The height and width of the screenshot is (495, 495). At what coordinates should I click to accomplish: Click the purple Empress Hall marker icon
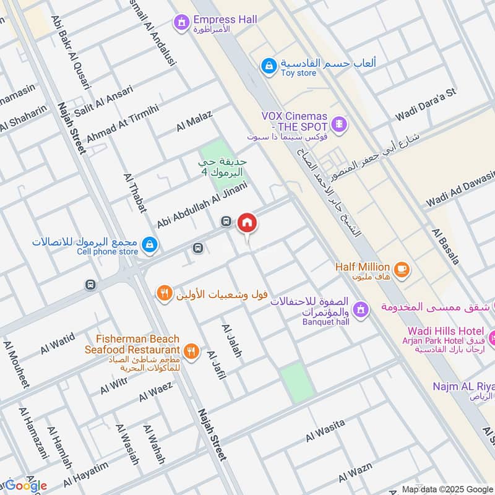point(181,24)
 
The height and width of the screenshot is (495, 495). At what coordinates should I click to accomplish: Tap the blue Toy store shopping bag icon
point(268,66)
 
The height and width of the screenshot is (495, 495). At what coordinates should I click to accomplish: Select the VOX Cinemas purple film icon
point(338,124)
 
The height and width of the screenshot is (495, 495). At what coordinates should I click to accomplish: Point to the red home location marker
point(247,223)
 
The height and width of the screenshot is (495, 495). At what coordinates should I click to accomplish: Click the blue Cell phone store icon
point(148,246)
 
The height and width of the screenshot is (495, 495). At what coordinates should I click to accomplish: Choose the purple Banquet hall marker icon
point(360,308)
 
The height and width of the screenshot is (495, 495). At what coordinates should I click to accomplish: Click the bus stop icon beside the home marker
point(226,222)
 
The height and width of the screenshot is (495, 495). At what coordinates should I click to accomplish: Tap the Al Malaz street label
point(194,120)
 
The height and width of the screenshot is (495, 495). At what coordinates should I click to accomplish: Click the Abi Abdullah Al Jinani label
point(202,204)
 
